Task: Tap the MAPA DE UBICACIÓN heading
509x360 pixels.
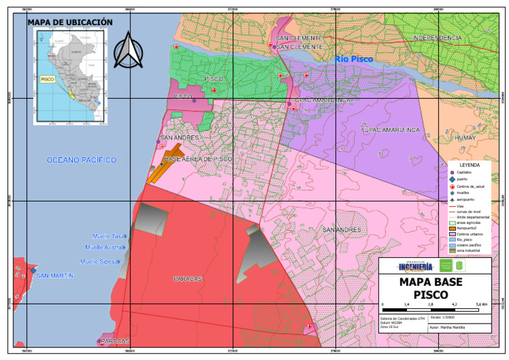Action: [x=70, y=23]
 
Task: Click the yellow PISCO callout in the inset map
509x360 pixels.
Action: [x=47, y=78]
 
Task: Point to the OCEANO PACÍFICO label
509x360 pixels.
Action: [x=82, y=160]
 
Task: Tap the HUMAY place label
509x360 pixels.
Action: [x=466, y=137]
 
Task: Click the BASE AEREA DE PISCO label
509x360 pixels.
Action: [x=198, y=160]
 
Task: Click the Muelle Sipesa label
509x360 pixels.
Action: [x=99, y=262]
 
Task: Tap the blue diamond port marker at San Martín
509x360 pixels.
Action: [x=32, y=270]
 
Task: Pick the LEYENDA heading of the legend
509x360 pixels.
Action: [x=469, y=164]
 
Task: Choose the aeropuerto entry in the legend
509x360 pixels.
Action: [x=469, y=200]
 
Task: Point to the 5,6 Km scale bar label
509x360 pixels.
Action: [x=482, y=304]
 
